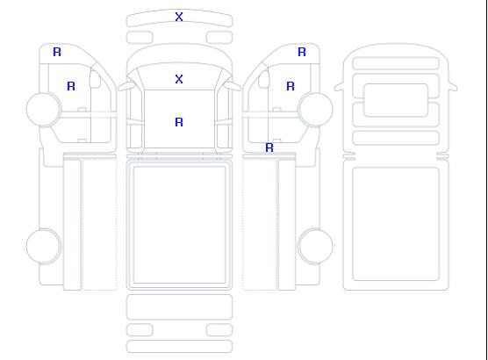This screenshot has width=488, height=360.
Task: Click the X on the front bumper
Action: [x=179, y=17]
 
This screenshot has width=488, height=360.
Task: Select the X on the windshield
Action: [x=179, y=79]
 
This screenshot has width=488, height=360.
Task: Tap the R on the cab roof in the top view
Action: [x=179, y=122]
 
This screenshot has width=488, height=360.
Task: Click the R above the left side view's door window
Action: [x=57, y=52]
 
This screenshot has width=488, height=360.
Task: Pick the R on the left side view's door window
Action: [x=71, y=86]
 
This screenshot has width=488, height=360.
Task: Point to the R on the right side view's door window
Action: [x=291, y=86]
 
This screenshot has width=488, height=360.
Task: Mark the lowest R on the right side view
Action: [x=269, y=148]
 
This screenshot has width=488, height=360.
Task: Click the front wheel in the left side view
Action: [x=44, y=110]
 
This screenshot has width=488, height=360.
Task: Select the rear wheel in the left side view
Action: [x=44, y=246]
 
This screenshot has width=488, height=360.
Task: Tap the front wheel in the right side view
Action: [x=315, y=110]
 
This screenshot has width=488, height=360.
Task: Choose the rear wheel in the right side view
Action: [x=315, y=246]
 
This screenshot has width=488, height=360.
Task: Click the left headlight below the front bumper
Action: [x=140, y=38]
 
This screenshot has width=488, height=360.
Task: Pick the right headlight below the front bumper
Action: [x=219, y=38]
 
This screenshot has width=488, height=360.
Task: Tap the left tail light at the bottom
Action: [x=140, y=330]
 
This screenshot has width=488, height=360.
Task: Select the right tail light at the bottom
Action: [x=219, y=330]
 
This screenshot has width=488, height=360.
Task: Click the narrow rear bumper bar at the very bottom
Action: [x=179, y=347]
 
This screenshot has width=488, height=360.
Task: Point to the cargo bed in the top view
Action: [x=179, y=225]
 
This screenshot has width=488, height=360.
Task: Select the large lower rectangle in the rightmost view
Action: [x=396, y=224]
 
